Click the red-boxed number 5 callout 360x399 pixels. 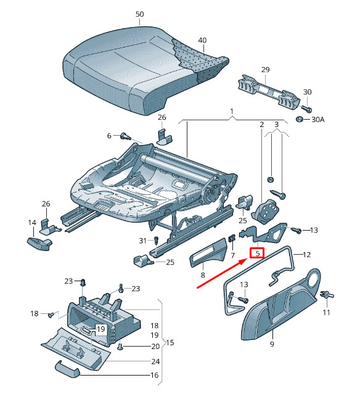[257, 253]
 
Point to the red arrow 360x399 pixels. [222, 273]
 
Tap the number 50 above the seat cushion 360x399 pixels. [139, 14]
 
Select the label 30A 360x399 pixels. [318, 120]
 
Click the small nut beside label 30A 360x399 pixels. [300, 119]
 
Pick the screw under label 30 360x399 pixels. [307, 109]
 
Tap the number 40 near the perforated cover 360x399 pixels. [202, 41]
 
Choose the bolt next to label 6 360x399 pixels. [126, 136]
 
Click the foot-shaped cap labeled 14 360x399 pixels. [39, 244]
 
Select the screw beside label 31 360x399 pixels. [156, 241]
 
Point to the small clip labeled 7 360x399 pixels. [232, 239]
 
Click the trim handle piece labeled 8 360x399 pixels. [208, 252]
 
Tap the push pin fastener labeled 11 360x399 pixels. [327, 295]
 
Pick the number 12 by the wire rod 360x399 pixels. [307, 255]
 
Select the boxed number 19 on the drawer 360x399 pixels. [100, 329]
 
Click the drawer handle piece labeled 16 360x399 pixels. [67, 368]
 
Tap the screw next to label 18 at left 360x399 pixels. [51, 315]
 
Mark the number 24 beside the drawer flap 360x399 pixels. [155, 361]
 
